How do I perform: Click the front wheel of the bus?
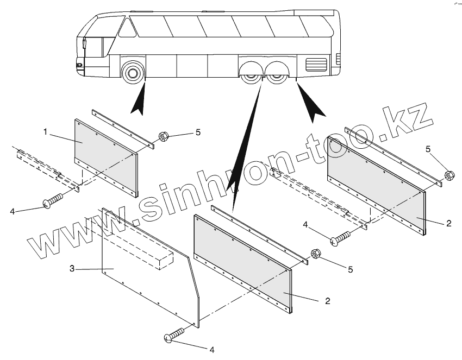[x=132, y=72]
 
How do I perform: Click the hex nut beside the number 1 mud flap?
[x=163, y=137]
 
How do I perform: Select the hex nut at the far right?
[x=449, y=175]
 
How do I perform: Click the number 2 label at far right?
[x=447, y=224]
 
